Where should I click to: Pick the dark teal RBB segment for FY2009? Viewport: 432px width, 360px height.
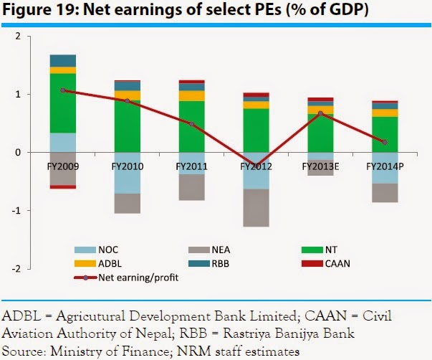(x=63, y=60)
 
